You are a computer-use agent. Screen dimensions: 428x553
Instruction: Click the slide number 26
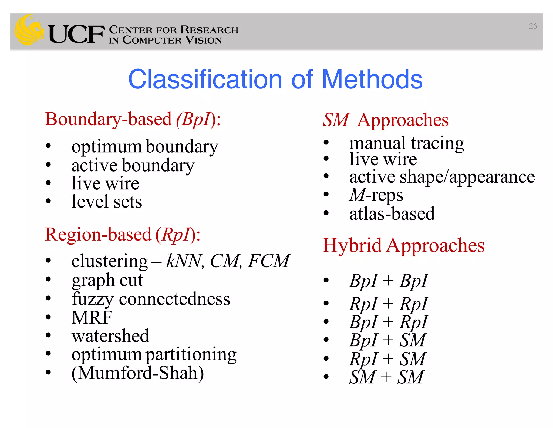pos(532,26)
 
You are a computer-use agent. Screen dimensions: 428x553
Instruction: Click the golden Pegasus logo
pos(29,30)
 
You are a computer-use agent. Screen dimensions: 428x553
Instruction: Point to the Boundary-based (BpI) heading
pos(133,119)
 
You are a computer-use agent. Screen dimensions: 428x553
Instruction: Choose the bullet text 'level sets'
pos(107,202)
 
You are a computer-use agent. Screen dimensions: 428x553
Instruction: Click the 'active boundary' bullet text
pos(133,165)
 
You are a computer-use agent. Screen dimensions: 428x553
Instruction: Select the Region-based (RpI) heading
pos(123,235)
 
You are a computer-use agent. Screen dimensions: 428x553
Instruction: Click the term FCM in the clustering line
pos(269,261)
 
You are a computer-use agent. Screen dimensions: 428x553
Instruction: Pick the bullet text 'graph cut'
pos(107,280)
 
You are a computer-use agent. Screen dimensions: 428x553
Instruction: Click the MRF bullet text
pos(92,317)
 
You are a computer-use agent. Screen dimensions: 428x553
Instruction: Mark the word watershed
pos(110,336)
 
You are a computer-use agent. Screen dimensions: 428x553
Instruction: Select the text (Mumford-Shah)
pos(137,373)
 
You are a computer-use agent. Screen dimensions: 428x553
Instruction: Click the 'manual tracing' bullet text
pos(406,143)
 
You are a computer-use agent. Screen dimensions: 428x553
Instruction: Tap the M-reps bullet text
pos(376,195)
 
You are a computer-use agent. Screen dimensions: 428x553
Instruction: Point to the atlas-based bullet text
pos(392,214)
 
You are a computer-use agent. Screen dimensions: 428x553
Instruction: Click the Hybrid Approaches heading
pos(403,246)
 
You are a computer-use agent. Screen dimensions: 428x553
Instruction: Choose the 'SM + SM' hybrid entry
pos(386,377)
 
